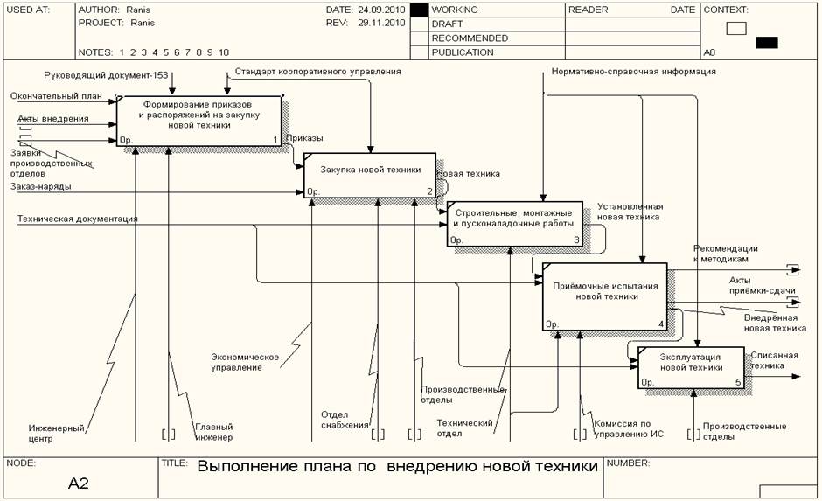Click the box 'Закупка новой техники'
pyautogui.click(x=368, y=175)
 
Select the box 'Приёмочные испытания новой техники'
pyautogui.click(x=604, y=296)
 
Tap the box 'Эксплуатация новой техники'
pyautogui.click(x=691, y=367)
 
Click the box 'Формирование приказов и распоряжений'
pyautogui.click(x=199, y=120)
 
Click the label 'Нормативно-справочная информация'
pyautogui.click(x=634, y=72)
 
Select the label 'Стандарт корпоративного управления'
pyautogui.click(x=317, y=71)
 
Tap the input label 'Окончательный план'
pyautogui.click(x=57, y=95)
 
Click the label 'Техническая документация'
pyautogui.click(x=78, y=219)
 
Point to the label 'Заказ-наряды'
pyautogui.click(x=41, y=186)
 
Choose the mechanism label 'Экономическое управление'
pyautogui.click(x=245, y=362)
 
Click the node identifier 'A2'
pyautogui.click(x=79, y=483)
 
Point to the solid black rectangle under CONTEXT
pyautogui.click(x=766, y=42)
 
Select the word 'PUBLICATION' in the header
pyautogui.click(x=463, y=52)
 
